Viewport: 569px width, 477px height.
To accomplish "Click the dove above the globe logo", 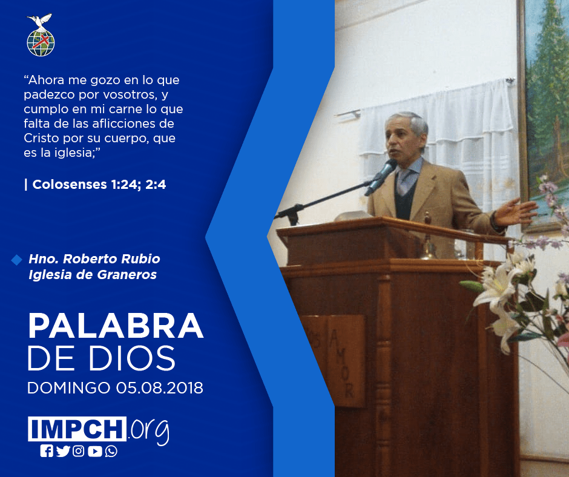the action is pos(40,21).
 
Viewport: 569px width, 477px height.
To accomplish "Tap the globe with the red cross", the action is pos(41,43).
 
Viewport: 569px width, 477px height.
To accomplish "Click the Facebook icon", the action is pos(47,451).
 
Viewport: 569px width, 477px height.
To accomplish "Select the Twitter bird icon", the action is pos(63,451).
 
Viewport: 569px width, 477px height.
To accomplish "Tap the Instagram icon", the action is pos(78,451).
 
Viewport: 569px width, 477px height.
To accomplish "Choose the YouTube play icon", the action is pos(94,451).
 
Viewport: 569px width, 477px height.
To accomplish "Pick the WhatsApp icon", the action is pos(111,451).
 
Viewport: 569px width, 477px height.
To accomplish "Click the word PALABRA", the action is pos(116,326).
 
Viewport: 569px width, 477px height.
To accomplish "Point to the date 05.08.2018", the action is pos(160,387).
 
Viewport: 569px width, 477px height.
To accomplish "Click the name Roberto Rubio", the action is pos(111,259).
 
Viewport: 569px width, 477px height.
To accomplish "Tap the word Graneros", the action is pos(127,274).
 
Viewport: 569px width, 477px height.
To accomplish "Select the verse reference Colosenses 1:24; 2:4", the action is pos(99,185).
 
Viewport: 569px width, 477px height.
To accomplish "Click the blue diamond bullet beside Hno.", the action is pos(17,260).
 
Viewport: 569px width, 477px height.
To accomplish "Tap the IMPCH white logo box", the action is pos(77,429).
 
